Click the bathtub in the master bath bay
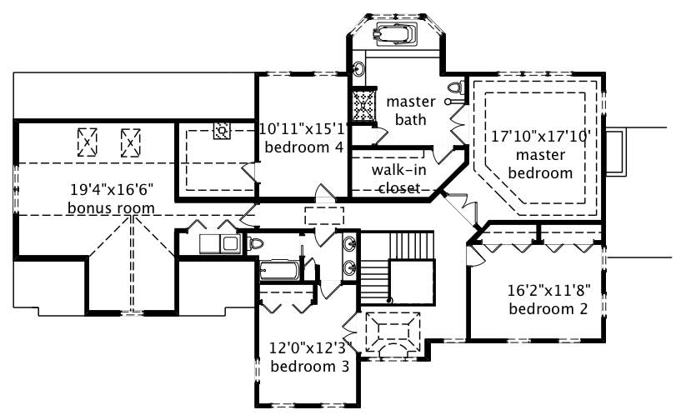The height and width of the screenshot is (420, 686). click(x=396, y=34)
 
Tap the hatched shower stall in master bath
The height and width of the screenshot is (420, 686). click(x=363, y=107)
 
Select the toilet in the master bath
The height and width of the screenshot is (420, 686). click(x=454, y=87)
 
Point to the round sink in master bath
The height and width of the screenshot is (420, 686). click(x=358, y=68)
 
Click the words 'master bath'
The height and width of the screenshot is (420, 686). click(x=411, y=111)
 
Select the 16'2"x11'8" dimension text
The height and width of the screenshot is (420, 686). click(x=548, y=292)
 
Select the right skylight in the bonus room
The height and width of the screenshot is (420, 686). click(x=131, y=142)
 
